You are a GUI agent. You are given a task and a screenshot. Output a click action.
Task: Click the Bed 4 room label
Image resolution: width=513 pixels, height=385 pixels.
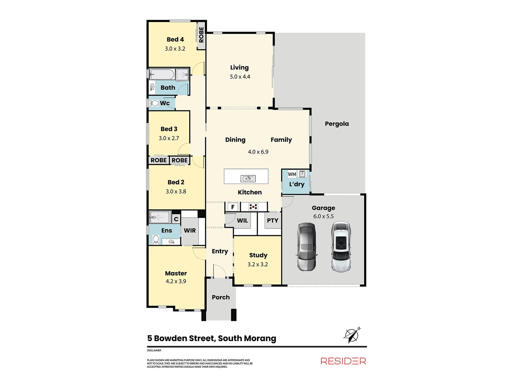[x=175, y=40]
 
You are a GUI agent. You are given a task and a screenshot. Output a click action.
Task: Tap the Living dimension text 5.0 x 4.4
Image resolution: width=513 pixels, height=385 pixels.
[x=240, y=77]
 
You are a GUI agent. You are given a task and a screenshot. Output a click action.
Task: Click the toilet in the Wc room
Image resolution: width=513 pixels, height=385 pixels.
[x=155, y=103]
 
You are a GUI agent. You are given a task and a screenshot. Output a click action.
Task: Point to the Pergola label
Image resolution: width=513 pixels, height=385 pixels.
[x=337, y=124]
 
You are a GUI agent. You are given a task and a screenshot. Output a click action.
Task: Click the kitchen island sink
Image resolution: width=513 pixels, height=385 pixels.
[x=248, y=178]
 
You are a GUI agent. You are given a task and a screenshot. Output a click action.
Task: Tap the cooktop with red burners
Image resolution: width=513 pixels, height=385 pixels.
[x=253, y=206]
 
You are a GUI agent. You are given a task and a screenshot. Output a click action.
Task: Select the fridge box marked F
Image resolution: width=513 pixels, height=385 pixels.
[x=233, y=207]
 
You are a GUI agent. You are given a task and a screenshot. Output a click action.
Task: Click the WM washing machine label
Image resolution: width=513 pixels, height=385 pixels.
[x=292, y=174]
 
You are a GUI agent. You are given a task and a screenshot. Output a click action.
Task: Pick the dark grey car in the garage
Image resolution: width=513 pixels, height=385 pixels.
[x=306, y=247]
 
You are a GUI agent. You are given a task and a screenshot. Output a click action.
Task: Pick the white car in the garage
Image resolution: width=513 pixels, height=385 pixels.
[x=341, y=247]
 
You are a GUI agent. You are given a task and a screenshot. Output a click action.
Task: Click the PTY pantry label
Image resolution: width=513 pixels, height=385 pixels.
[x=273, y=221]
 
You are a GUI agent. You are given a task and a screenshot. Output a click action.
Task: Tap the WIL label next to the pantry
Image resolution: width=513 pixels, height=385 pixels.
[x=242, y=221]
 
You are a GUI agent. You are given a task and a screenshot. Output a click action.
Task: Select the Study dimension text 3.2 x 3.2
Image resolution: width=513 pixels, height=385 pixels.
[x=258, y=264]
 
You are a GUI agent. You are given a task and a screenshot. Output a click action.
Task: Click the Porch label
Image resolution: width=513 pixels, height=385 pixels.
[x=221, y=297]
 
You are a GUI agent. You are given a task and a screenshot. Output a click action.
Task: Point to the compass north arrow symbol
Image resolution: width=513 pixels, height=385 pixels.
[x=352, y=335]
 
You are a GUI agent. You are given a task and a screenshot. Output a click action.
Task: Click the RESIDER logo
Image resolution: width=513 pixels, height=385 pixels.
[x=343, y=361]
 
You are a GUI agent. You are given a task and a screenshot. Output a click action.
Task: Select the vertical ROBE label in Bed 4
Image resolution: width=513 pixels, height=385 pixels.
[x=201, y=35]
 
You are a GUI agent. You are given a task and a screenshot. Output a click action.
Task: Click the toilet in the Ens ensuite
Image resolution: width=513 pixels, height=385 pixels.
[x=156, y=239]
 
